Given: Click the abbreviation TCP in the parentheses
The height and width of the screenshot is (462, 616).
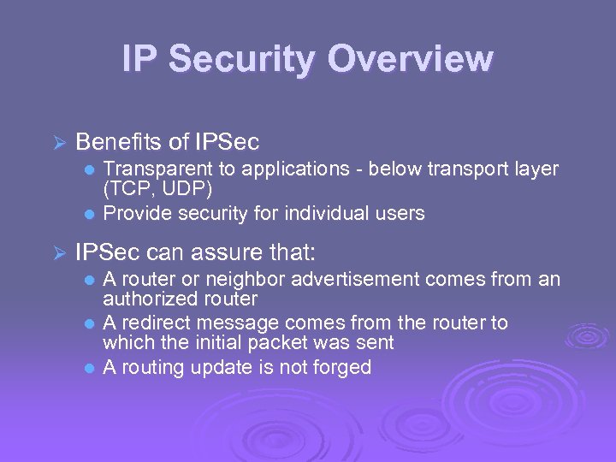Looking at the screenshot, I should (126, 187).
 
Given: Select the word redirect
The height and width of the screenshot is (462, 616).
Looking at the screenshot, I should (155, 323).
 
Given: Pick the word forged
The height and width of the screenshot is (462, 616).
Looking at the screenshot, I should (341, 368).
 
